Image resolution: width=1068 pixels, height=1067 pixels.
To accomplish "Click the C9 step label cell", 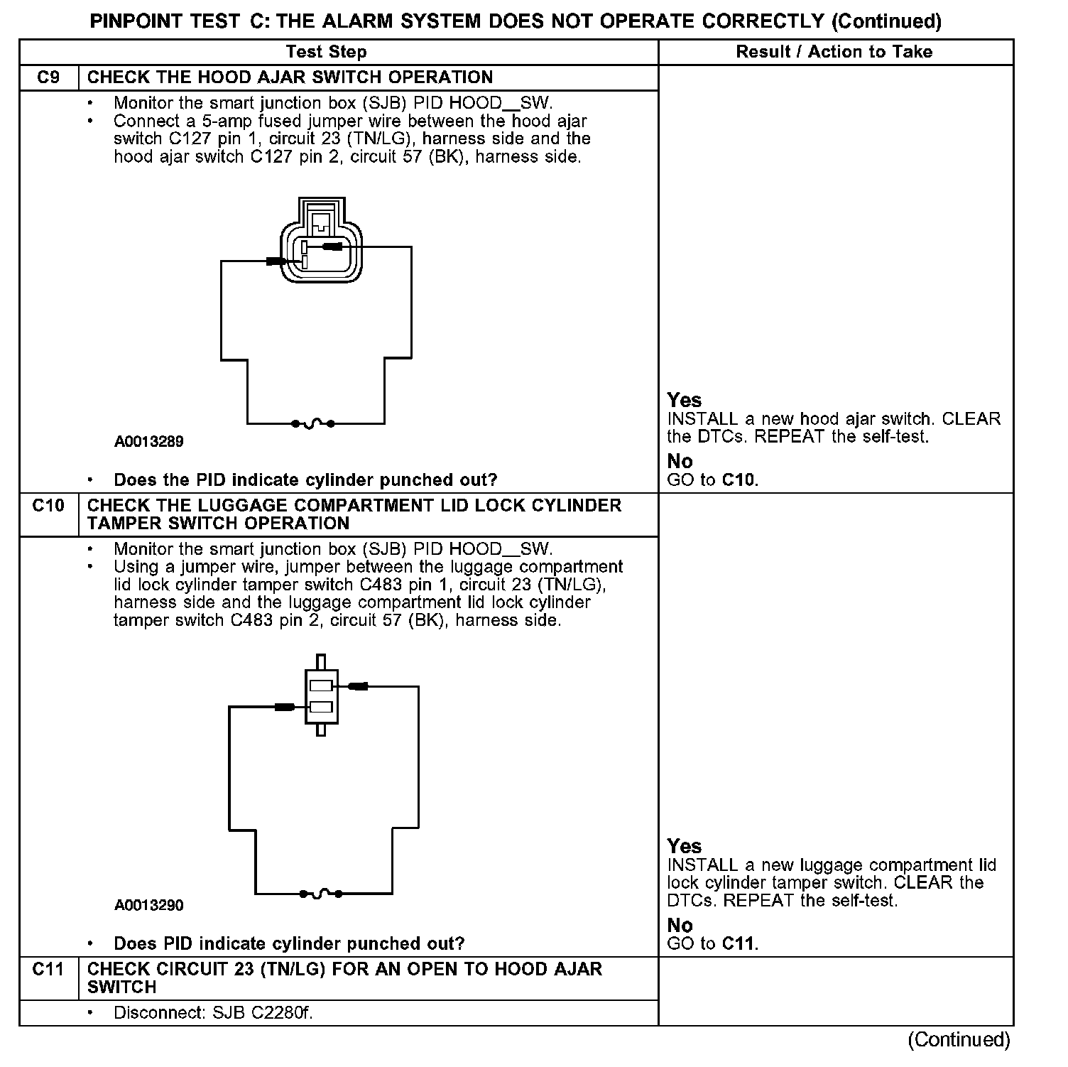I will click(x=48, y=77).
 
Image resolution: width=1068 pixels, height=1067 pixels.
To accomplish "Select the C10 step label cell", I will click(x=48, y=506).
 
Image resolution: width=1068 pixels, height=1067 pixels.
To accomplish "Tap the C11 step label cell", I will click(x=48, y=969).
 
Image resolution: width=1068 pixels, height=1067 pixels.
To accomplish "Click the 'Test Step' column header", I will click(x=327, y=52).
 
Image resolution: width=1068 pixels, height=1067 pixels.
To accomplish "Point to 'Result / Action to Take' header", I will click(x=834, y=52).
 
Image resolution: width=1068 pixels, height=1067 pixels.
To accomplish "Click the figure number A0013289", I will click(x=149, y=442).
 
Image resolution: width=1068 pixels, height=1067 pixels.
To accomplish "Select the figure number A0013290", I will click(x=149, y=906).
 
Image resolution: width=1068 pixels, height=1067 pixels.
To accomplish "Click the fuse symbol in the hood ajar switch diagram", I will click(x=313, y=424).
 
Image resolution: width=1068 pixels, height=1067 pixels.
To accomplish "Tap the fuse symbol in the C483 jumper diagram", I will click(x=321, y=894).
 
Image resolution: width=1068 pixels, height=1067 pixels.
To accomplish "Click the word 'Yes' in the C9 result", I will click(x=684, y=400).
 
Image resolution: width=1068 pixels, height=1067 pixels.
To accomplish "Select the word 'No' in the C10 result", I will click(x=680, y=925).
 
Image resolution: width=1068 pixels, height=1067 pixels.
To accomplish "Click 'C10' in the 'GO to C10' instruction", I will click(x=739, y=480).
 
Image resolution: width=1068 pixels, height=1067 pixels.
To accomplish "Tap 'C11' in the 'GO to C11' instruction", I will click(x=739, y=944).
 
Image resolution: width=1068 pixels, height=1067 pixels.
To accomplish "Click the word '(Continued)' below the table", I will click(x=959, y=1040).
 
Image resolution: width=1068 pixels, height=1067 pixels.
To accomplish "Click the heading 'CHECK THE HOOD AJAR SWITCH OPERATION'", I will click(x=290, y=77).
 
